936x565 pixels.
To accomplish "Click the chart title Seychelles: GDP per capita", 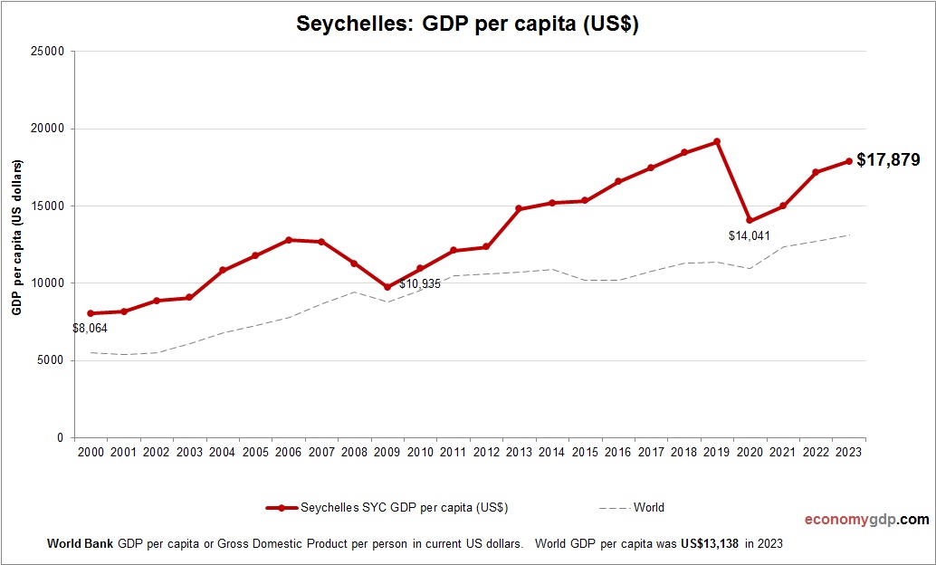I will click(468, 24).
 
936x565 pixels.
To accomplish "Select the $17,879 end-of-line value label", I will click(888, 160).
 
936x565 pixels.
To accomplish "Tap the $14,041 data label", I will click(749, 235).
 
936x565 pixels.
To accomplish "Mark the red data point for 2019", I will click(716, 141).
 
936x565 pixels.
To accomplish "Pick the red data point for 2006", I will click(288, 240).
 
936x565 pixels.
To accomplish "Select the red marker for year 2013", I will click(519, 209).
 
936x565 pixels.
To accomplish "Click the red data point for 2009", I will click(387, 287).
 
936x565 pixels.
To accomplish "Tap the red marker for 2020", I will click(750, 220).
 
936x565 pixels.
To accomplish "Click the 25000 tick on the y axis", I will click(47, 52).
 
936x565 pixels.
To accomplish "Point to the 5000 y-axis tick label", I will click(51, 360).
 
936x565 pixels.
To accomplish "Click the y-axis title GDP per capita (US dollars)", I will click(16, 237).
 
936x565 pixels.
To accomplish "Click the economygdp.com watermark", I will click(867, 520).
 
